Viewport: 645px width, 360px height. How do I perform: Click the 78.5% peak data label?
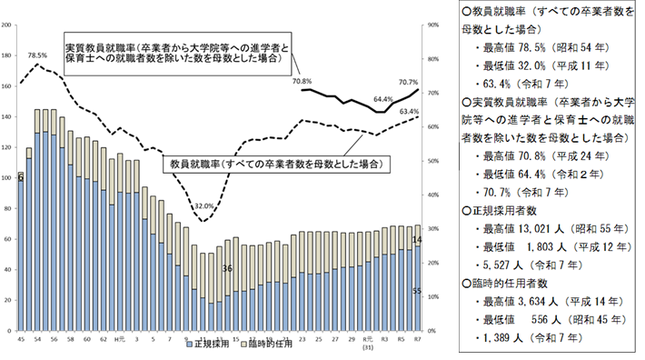pos(38,55)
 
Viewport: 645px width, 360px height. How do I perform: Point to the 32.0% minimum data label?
pos(205,205)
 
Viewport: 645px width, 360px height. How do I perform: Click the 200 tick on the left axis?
pos(7,25)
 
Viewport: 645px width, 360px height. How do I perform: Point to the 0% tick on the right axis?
pos(431,329)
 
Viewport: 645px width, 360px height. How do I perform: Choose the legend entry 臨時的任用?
pos(268,346)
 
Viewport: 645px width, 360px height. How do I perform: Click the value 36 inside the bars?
pos(227,268)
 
